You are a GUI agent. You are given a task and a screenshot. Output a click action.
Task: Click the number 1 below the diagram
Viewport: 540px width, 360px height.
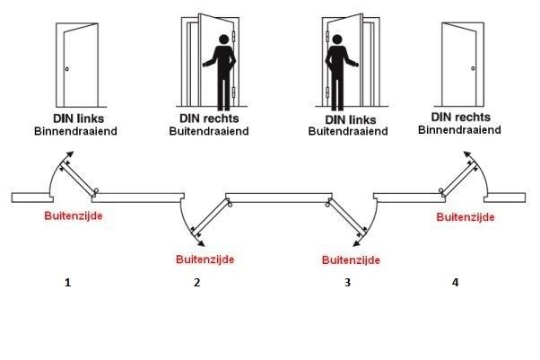click(66, 283)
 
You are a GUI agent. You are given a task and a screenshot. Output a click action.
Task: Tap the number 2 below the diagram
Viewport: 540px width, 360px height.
click(196, 283)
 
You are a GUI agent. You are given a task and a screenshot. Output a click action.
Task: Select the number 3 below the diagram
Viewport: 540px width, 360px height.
click(347, 283)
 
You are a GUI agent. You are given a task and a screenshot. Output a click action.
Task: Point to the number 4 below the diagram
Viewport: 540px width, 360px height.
click(456, 283)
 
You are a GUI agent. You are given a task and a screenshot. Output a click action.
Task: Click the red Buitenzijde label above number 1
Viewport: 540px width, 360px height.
click(73, 216)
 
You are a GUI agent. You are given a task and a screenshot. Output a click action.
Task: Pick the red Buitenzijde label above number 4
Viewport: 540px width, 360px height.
click(463, 217)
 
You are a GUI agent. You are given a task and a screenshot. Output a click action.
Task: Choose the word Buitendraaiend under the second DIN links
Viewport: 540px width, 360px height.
click(348, 130)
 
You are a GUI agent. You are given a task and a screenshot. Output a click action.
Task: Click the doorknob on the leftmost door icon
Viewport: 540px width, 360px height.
click(66, 71)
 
